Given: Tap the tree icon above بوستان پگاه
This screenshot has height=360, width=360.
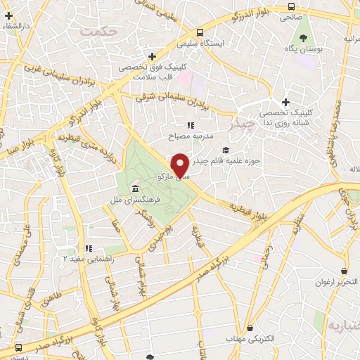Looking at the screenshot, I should coord(304,37).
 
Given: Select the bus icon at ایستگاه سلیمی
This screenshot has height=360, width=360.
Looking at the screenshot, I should coord(200,32).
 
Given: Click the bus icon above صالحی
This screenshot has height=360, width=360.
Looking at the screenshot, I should coord(291,6).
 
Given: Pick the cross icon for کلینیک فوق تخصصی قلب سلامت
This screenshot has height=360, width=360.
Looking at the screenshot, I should coord(152,56).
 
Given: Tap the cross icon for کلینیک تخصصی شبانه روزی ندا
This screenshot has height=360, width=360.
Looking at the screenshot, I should coord(285,102).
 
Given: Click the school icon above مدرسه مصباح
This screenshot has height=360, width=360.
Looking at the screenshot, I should coord(190,124).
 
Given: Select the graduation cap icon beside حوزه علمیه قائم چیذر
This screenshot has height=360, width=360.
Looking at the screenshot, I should coord(226,150).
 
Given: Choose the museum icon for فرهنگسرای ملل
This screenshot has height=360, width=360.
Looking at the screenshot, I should coord(134,190).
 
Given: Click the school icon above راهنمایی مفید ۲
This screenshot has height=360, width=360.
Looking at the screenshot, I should coord(89,248).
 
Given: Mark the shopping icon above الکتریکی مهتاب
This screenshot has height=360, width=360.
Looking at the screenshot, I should coord(252,326).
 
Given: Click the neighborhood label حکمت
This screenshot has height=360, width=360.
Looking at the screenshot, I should coord(97,32).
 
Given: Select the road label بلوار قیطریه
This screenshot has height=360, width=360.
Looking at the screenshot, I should coord(249,207).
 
